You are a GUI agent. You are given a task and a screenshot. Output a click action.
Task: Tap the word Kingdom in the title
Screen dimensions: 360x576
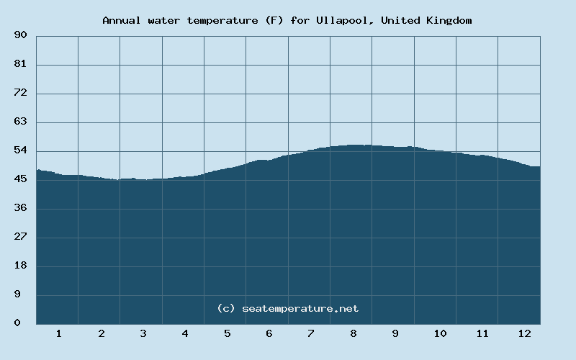coord(448,20)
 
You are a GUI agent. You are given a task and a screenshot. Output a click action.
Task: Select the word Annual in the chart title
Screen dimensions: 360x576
coord(121,20)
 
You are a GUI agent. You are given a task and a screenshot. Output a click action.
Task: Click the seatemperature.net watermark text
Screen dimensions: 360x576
coord(300,308)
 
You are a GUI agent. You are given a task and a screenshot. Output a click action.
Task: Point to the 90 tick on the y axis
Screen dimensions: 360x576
coord(20,35)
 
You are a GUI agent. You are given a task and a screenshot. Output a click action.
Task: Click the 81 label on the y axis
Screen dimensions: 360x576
coord(20,64)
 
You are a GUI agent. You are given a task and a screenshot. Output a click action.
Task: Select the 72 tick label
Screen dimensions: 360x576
coord(20,93)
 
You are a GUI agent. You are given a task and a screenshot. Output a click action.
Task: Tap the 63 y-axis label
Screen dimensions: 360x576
coord(20,122)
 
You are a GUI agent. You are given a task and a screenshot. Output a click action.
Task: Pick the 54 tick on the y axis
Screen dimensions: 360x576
coord(20,150)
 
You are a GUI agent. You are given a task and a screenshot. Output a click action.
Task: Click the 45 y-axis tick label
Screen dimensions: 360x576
coord(20,179)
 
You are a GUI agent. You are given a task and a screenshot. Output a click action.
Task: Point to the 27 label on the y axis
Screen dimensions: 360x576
coord(20,237)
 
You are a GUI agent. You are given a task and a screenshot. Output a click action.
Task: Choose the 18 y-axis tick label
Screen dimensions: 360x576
coord(20,266)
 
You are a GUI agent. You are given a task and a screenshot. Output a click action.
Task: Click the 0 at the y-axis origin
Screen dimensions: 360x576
coord(17,323)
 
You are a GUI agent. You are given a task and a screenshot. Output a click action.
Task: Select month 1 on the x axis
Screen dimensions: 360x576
coord(58,333)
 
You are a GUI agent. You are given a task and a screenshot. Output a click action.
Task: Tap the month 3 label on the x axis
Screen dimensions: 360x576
coord(143,333)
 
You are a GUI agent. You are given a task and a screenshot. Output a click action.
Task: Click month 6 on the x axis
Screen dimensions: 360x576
coord(269,333)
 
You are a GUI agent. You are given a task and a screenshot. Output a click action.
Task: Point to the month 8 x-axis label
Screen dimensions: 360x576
coord(354,333)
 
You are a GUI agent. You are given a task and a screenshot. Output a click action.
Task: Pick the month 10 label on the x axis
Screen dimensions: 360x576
coord(440,333)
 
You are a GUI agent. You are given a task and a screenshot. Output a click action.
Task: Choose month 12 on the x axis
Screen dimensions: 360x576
coord(524,333)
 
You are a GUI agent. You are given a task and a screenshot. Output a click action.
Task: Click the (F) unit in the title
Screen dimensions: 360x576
coord(274,20)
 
